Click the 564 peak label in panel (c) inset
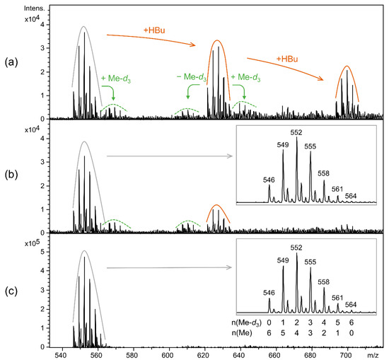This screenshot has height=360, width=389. point(351,305)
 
